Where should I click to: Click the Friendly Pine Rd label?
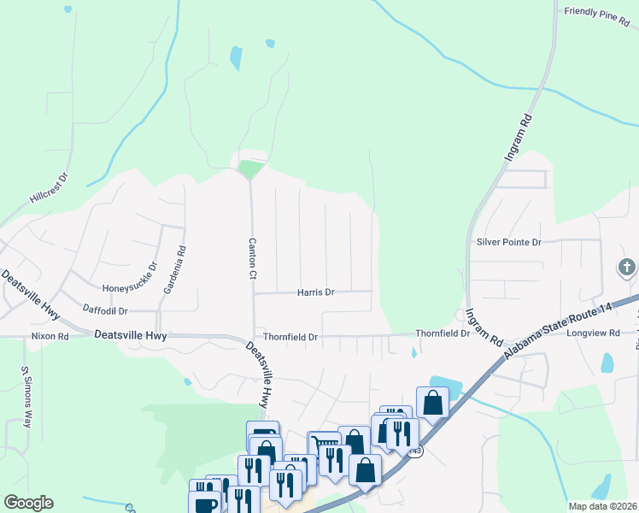tap(596, 13)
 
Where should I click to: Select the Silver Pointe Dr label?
tap(509, 243)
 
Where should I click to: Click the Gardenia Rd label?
tap(180, 265)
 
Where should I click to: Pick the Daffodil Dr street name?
tap(105, 310)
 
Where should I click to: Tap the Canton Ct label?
tap(252, 258)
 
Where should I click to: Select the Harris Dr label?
tap(315, 292)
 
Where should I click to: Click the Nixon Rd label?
tap(50, 337)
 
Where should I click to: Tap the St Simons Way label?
tap(26, 398)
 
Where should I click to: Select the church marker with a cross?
tap(626, 268)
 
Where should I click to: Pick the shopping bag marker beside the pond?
tap(432, 402)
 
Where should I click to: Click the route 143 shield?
tap(415, 451)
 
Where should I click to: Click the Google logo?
tap(28, 503)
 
